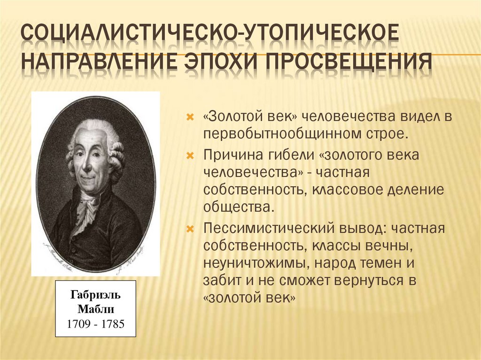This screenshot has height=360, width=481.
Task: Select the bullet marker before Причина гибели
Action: point(190,155)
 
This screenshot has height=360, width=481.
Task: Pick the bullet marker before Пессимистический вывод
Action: point(190,230)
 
